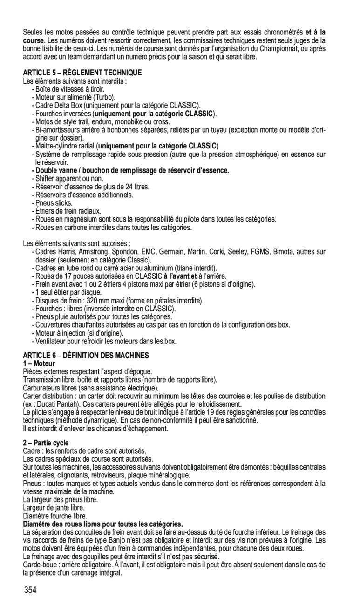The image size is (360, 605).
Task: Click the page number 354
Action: [30, 591]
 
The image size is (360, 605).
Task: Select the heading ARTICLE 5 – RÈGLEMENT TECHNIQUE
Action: [82, 73]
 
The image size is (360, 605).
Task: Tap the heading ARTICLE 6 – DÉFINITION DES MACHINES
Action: [86, 356]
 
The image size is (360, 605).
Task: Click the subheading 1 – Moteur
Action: [39, 363]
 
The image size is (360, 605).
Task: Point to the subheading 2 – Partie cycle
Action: [46, 443]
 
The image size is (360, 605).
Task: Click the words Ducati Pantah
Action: [58, 404]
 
